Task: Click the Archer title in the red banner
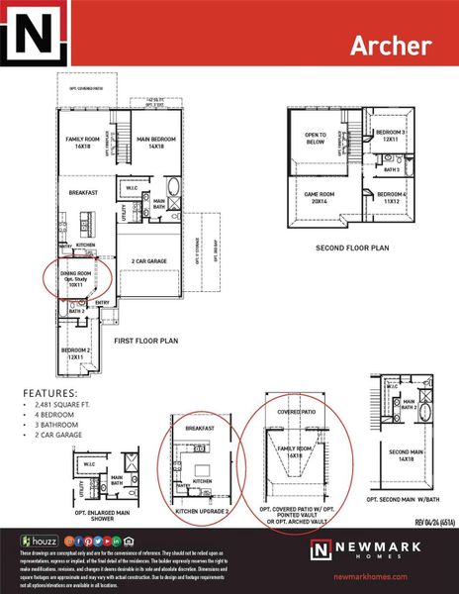[x=390, y=46]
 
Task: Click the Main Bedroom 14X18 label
[x=156, y=144]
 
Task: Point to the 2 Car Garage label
[x=151, y=260]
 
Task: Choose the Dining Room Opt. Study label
[x=76, y=278]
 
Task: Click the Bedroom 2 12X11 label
[x=77, y=353]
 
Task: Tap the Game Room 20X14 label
[x=319, y=198]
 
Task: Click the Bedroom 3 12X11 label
[x=391, y=136]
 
